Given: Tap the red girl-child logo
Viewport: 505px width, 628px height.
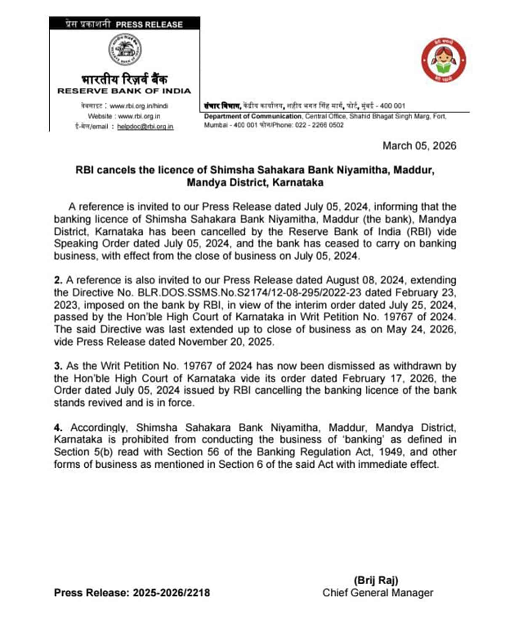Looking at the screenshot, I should point(444,62).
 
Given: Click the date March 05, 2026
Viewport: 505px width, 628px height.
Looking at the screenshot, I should point(419,146).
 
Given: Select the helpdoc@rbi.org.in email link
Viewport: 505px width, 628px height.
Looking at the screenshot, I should point(145,127).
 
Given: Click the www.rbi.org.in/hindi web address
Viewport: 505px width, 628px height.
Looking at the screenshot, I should point(138,106).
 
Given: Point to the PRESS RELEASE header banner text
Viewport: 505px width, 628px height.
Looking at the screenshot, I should point(149,24).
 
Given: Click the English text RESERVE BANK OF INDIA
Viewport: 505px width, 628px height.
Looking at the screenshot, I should point(124,91).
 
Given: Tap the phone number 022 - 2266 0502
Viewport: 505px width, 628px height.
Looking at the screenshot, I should point(319,125).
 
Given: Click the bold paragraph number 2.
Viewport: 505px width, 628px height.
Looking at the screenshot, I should point(58,280).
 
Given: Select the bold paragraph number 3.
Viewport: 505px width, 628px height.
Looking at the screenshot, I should point(58,366).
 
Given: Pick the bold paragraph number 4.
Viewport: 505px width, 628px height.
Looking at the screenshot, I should point(58,428).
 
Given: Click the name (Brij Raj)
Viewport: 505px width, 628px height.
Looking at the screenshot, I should point(376,580).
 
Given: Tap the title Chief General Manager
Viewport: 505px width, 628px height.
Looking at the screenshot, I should point(377,593).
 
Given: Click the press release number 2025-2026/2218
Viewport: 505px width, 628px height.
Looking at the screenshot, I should point(171,593).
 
